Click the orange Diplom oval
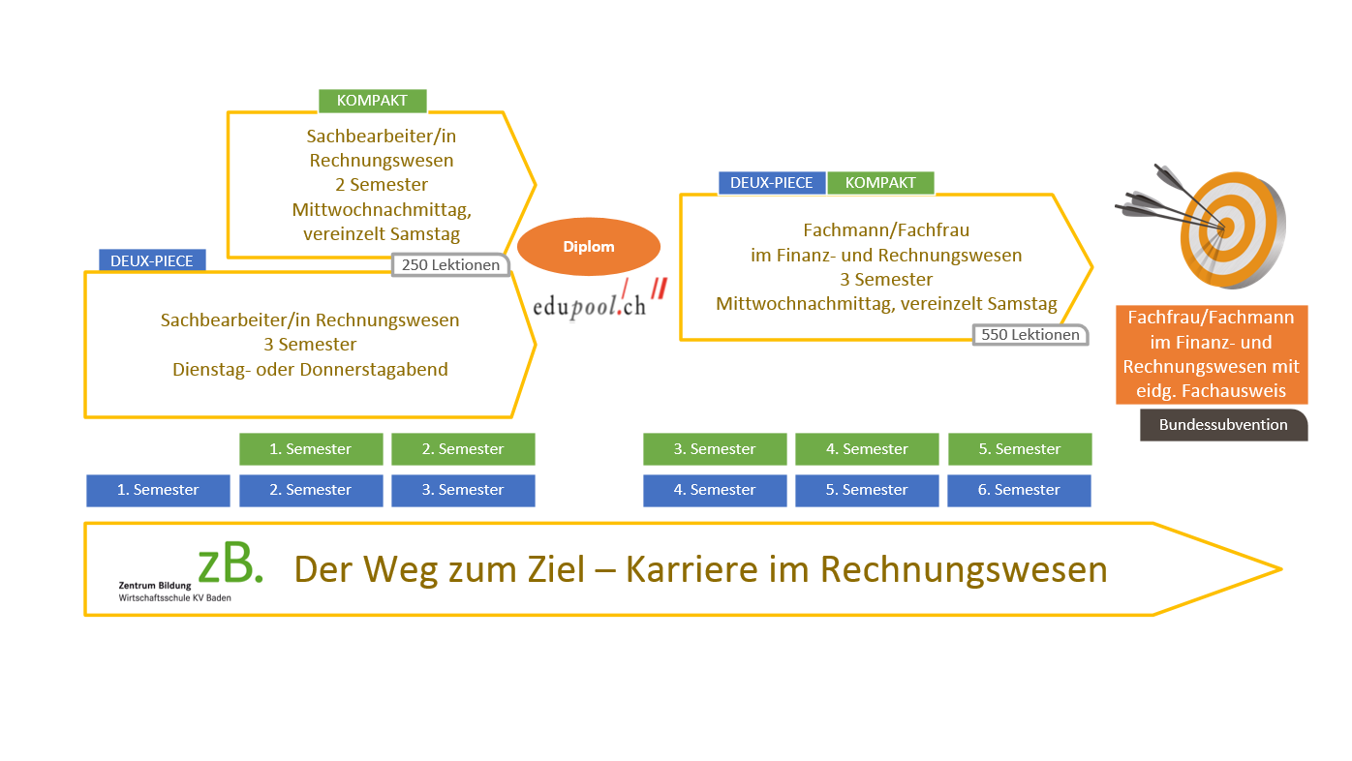[589, 247]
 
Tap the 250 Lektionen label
[450, 265]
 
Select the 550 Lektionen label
[1030, 335]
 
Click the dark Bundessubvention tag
[1223, 425]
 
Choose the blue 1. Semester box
[158, 490]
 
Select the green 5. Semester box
[1020, 449]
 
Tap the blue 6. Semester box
[1019, 490]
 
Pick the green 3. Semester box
[715, 449]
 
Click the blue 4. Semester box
[715, 490]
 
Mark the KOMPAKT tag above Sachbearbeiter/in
[372, 101]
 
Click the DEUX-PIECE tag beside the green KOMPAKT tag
[772, 183]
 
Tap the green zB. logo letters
[230, 564]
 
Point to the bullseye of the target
[1224, 228]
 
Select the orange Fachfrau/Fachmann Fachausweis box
[1212, 354]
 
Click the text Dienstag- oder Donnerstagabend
[310, 370]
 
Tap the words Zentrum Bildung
[155, 586]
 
